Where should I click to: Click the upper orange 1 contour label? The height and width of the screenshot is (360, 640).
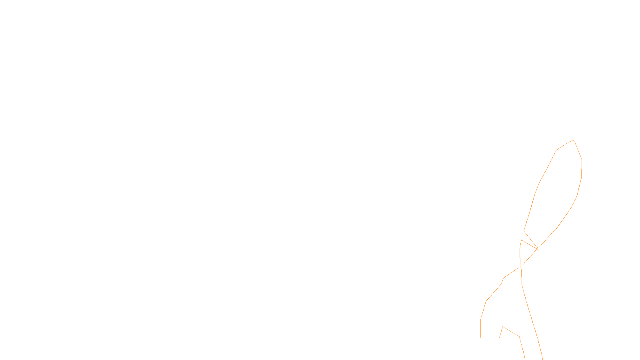(x=538, y=249)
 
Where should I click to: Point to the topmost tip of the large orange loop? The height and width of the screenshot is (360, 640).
(x=573, y=140)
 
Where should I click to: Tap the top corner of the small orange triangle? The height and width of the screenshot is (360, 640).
(x=522, y=240)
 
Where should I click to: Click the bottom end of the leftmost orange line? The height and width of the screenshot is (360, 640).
(x=480, y=337)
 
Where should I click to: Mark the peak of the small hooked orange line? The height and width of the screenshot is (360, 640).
(x=503, y=327)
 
